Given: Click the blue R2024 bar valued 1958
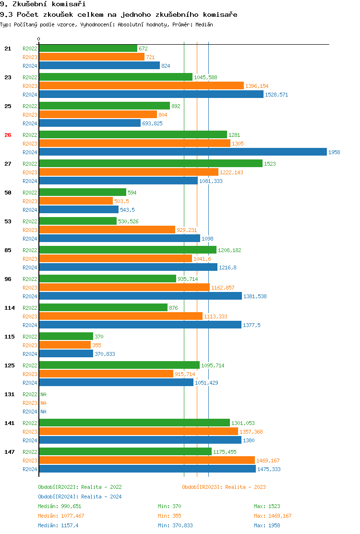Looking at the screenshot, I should (182, 152).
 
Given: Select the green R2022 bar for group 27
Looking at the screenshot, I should (151, 164).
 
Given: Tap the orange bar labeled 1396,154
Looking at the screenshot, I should (141, 86).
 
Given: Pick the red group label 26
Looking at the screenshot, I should (8, 135).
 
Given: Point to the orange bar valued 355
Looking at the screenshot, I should (65, 345).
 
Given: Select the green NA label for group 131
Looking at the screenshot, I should (43, 394).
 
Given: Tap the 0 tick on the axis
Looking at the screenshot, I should (39, 39).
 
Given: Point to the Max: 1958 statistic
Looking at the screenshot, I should (267, 525).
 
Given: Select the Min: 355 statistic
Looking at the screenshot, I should (169, 516).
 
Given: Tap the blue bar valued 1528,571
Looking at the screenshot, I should (151, 95).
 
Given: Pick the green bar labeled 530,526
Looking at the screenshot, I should (78, 221).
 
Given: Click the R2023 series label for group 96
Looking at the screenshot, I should (30, 288).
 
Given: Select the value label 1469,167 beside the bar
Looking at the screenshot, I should (269, 461).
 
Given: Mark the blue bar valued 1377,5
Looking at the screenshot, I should (140, 325).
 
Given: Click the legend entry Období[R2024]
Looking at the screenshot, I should (58, 497).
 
